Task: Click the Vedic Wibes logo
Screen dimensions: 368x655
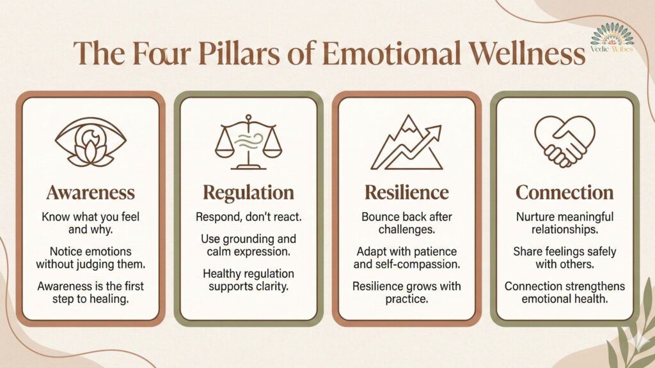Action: (x=612, y=40)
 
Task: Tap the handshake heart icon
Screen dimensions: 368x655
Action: (x=564, y=141)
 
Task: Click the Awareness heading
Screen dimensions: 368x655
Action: (x=90, y=192)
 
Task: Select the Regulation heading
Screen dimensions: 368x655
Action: (x=248, y=192)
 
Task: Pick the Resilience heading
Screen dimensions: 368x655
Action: (x=406, y=192)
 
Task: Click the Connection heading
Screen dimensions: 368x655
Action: (x=564, y=192)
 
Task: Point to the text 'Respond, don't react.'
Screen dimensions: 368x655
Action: (x=248, y=217)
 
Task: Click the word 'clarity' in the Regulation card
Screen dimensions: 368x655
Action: (x=272, y=286)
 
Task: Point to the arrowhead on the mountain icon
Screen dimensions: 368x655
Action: (x=438, y=130)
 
